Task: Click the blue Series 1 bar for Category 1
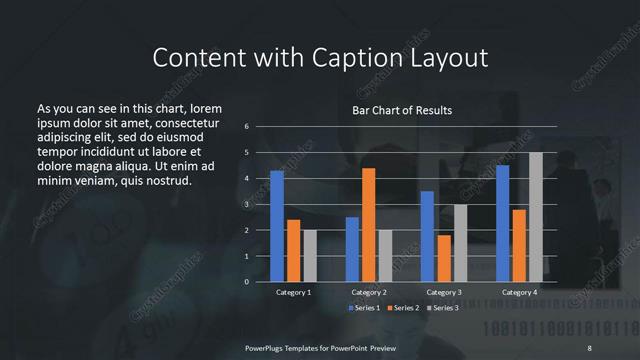[277, 226]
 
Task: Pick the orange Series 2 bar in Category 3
[444, 258]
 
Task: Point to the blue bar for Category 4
[502, 223]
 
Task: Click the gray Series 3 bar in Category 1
[310, 256]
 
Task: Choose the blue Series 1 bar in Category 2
[352, 249]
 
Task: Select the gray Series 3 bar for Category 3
[460, 243]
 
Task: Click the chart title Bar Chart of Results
[402, 110]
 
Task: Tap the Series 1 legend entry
[364, 307]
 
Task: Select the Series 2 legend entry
[404, 307]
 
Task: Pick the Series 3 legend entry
[443, 307]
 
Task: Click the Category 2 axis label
[369, 292]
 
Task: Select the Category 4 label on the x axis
[518, 292]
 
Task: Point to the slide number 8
[589, 347]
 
